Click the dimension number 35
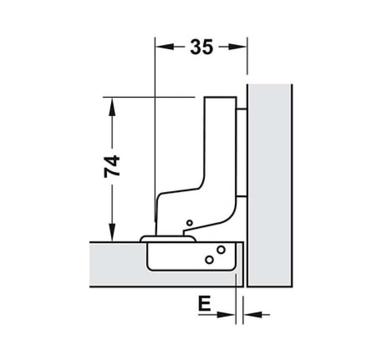pos(201,47)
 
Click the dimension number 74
pos(112,167)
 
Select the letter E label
pos(204,303)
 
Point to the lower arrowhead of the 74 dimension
pos(112,232)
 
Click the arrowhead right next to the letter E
pos(226,315)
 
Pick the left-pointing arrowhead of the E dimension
pos(253,315)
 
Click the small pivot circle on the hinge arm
pos(189,223)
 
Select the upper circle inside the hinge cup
pos(221,250)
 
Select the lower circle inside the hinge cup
pos(209,260)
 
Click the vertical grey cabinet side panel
pos(270,186)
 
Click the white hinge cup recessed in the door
pos(191,256)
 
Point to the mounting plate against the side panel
pos(241,152)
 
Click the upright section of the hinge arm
pos(220,141)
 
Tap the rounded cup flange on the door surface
pos(168,239)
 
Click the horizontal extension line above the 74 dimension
pos(149,97)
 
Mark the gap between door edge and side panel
pos(245,265)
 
